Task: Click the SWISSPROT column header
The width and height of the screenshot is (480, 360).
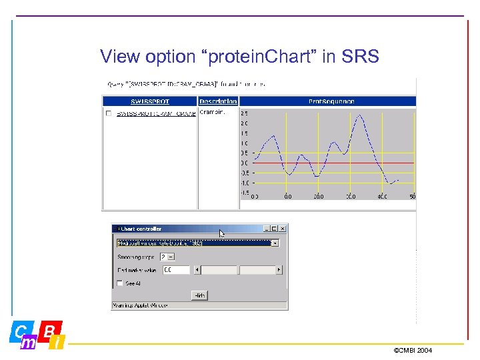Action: point(150,101)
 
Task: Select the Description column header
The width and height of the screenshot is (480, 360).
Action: point(218,101)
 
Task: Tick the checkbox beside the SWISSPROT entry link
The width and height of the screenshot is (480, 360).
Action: point(109,113)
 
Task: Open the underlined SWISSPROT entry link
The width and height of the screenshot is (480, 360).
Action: point(156,113)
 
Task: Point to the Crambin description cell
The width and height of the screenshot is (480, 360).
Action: point(212,113)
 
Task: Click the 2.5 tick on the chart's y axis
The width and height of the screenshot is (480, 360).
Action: point(244,113)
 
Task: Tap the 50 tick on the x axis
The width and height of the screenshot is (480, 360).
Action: point(413,197)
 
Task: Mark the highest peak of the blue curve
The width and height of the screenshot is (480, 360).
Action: point(359,115)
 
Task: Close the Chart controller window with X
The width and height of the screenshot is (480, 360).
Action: point(282,229)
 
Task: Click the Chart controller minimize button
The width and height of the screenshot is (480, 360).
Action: point(265,229)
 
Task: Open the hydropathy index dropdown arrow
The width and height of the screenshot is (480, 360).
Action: point(275,243)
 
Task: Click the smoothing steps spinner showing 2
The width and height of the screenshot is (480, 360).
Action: point(167,257)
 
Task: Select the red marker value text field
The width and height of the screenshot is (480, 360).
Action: point(176,270)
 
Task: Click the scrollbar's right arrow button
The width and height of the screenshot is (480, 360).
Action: point(279,270)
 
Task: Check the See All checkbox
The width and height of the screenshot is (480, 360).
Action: point(120,283)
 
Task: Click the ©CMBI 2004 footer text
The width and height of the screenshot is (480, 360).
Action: point(413,350)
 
